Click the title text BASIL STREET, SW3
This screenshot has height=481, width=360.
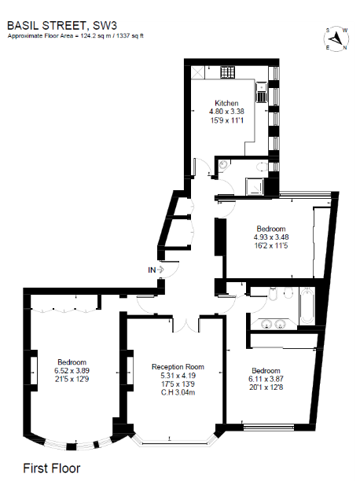point(59,26)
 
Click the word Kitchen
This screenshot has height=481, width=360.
point(227,103)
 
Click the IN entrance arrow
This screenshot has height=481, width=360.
point(156,270)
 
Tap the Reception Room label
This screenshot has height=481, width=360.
point(178,366)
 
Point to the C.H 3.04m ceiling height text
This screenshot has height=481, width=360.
point(178,392)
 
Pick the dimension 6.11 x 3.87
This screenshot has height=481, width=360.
point(266,379)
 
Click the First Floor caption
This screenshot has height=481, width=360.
point(51,468)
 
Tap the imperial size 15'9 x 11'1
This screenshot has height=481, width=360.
point(227,120)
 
